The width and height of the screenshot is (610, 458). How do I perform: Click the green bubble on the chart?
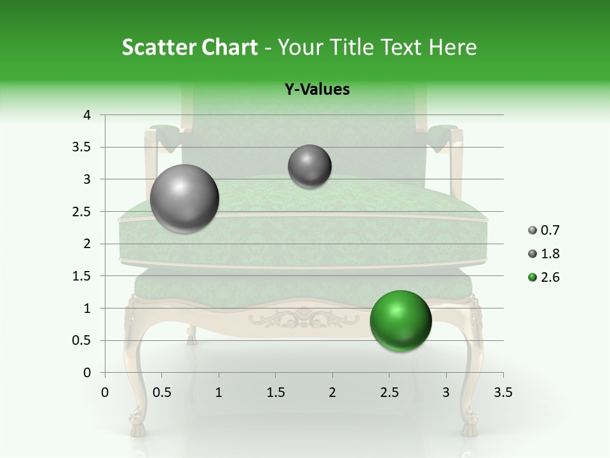[x=400, y=320]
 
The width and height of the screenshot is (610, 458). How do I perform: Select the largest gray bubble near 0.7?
[x=184, y=198]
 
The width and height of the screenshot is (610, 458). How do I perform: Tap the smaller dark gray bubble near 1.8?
[x=309, y=167]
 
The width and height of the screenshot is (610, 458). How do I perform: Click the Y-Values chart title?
[x=317, y=90]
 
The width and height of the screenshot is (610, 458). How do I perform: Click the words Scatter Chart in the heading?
[x=189, y=47]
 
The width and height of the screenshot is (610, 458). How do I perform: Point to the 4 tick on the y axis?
[x=87, y=115]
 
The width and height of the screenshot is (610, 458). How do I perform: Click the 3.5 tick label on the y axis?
[x=81, y=147]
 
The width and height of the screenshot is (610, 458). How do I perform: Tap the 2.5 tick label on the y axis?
[x=81, y=212]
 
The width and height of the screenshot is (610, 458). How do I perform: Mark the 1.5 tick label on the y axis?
[x=81, y=276]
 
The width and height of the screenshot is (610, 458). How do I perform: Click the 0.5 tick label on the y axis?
[x=81, y=340]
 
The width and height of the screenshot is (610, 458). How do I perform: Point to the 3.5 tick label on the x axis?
[x=503, y=392]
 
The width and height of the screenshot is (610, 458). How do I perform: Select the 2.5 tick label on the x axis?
[x=389, y=392]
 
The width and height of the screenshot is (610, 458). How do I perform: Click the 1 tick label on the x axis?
[x=219, y=392]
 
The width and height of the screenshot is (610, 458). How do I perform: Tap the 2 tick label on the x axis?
[x=332, y=392]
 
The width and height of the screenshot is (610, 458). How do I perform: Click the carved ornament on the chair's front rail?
[x=304, y=317]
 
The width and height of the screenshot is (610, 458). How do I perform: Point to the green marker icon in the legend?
[x=532, y=277]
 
